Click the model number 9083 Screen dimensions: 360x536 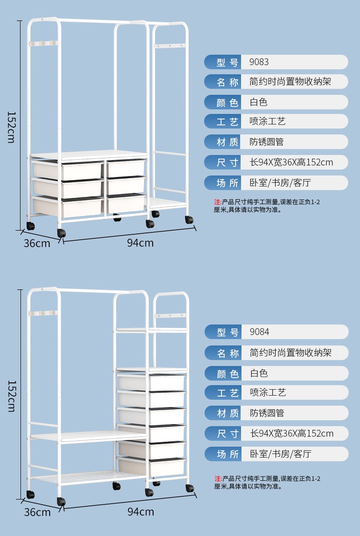click(259, 62)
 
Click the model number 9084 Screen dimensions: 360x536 click(259, 332)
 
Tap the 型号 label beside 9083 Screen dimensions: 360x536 click(227, 62)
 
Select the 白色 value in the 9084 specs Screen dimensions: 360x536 click(259, 373)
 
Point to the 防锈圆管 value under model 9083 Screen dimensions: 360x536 click(267, 142)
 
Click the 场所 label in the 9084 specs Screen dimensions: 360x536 click(227, 454)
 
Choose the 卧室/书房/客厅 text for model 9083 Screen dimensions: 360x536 click(280, 183)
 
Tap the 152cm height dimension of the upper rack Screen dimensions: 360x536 click(11, 127)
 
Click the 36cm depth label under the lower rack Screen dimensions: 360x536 click(37, 512)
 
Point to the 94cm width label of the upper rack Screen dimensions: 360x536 click(140, 243)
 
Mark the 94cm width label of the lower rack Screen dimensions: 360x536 click(140, 512)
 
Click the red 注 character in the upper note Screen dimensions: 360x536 click(217, 202)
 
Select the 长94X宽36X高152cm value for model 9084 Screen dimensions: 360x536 click(292, 433)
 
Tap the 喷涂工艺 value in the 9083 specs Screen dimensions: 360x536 click(267, 121)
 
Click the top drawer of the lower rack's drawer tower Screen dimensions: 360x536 click(151, 382)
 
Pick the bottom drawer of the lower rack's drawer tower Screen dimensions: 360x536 click(151, 466)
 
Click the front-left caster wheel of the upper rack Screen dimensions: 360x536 click(61, 233)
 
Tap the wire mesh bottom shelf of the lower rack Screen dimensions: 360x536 click(87, 477)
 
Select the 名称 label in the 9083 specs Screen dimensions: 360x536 click(227, 82)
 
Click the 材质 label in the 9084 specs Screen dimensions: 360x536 click(227, 413)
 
